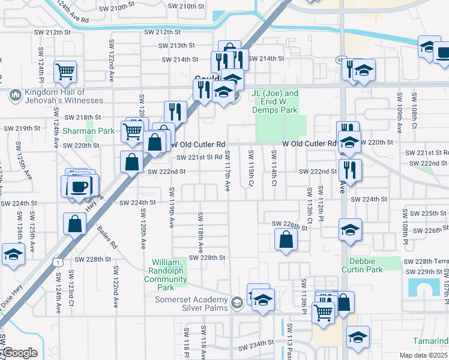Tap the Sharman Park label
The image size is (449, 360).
tap(88, 131)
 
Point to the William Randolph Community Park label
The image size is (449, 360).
tap(169, 271)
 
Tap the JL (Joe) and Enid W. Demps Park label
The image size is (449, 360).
tap(275, 102)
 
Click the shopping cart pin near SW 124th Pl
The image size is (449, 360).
tap(65, 72)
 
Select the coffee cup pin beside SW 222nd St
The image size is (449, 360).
tap(79, 185)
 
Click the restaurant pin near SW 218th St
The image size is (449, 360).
tap(175, 111)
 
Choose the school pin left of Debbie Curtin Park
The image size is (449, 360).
tap(350, 229)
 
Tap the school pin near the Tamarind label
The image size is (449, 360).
tap(358, 337)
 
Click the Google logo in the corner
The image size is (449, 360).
tap(19, 353)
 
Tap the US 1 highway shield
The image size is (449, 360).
tap(56, 262)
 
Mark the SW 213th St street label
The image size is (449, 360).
tap(177, 46)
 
